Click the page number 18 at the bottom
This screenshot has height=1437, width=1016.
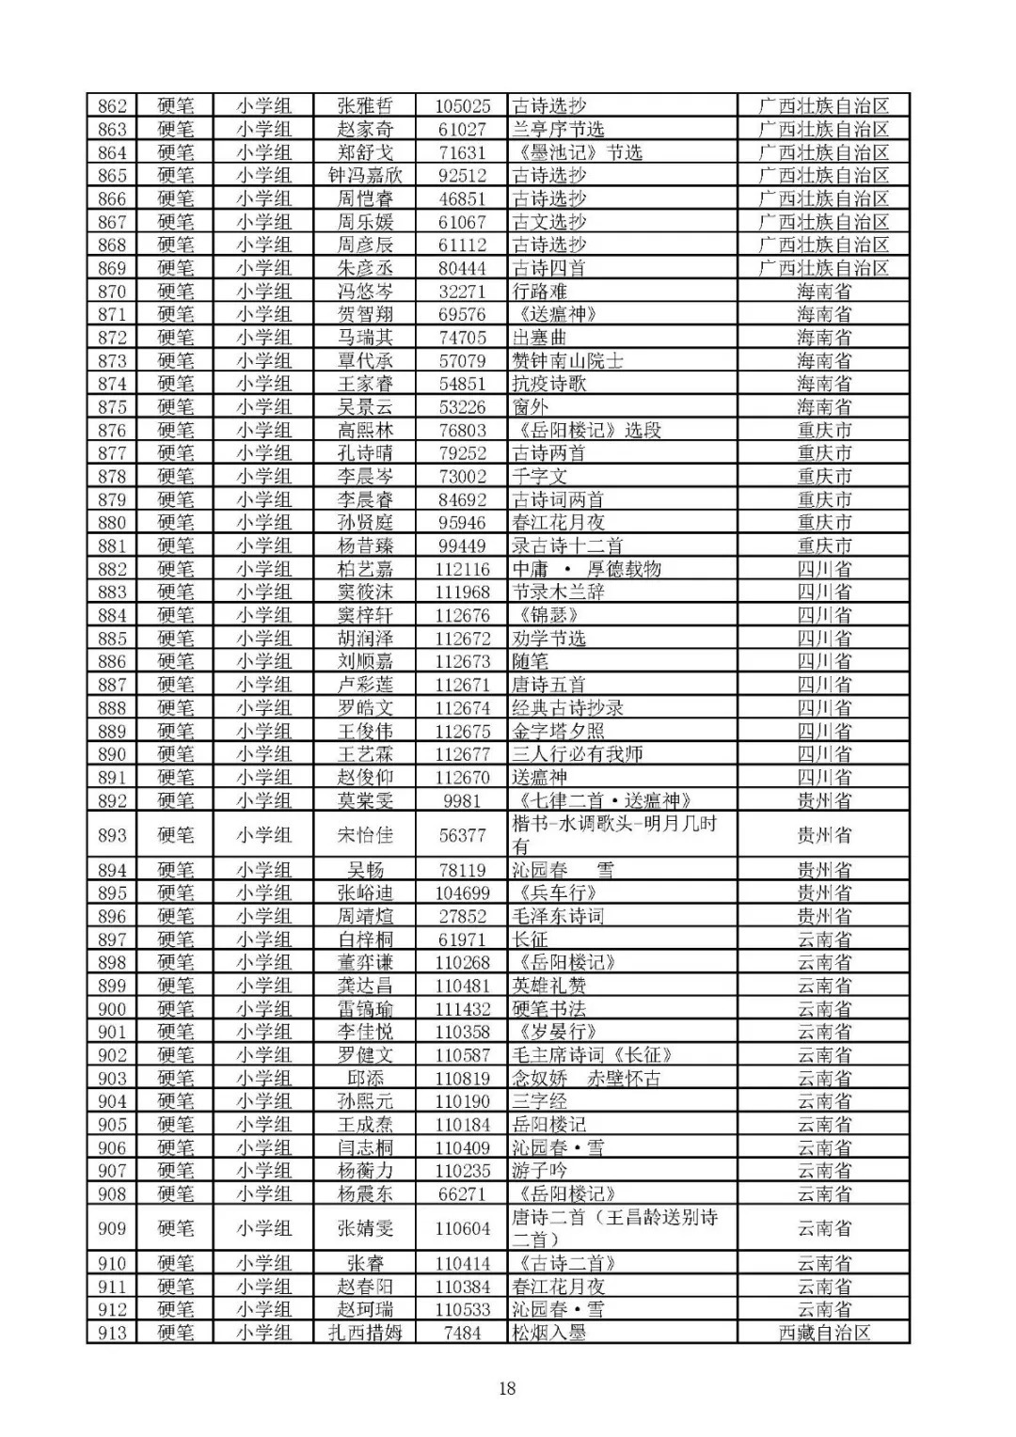point(507,1388)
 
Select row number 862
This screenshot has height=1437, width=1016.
point(112,106)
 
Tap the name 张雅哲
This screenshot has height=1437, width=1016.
point(365,106)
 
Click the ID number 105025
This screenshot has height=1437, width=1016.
point(462,106)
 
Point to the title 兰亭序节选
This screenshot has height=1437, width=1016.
point(558,130)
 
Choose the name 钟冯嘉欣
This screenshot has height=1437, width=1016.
point(365,176)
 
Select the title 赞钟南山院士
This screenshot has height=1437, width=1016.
point(567,361)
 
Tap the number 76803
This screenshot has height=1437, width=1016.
point(462,431)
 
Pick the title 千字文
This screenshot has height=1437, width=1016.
point(539,477)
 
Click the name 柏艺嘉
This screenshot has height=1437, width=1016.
point(365,569)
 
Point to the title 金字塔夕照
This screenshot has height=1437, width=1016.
point(558,731)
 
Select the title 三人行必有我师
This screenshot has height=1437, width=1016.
point(577,754)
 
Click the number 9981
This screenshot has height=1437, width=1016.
point(462,800)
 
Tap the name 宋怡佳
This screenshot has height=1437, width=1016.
point(365,835)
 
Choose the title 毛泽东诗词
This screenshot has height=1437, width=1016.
point(558,916)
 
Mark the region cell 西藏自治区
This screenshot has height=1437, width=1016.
point(824,1333)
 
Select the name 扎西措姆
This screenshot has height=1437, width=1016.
point(365,1333)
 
